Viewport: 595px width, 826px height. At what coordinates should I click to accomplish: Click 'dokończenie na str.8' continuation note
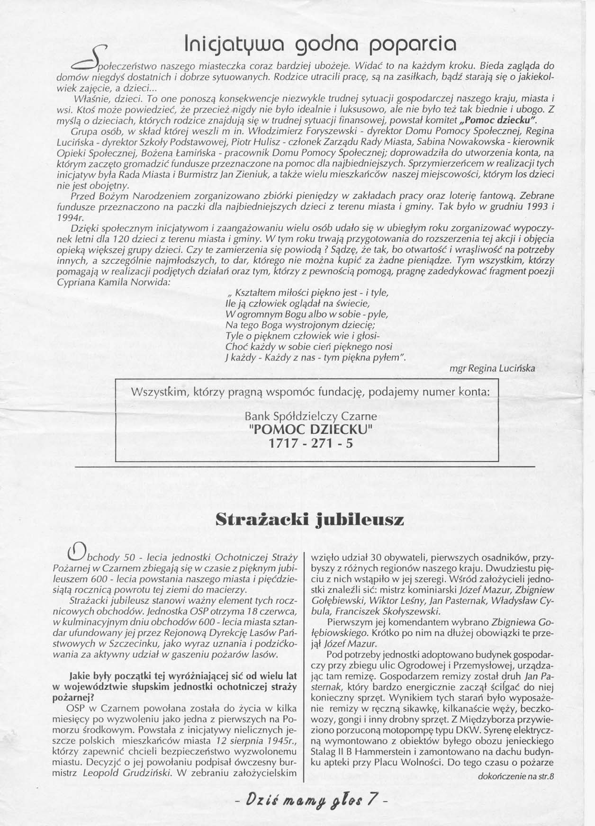[516, 776]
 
